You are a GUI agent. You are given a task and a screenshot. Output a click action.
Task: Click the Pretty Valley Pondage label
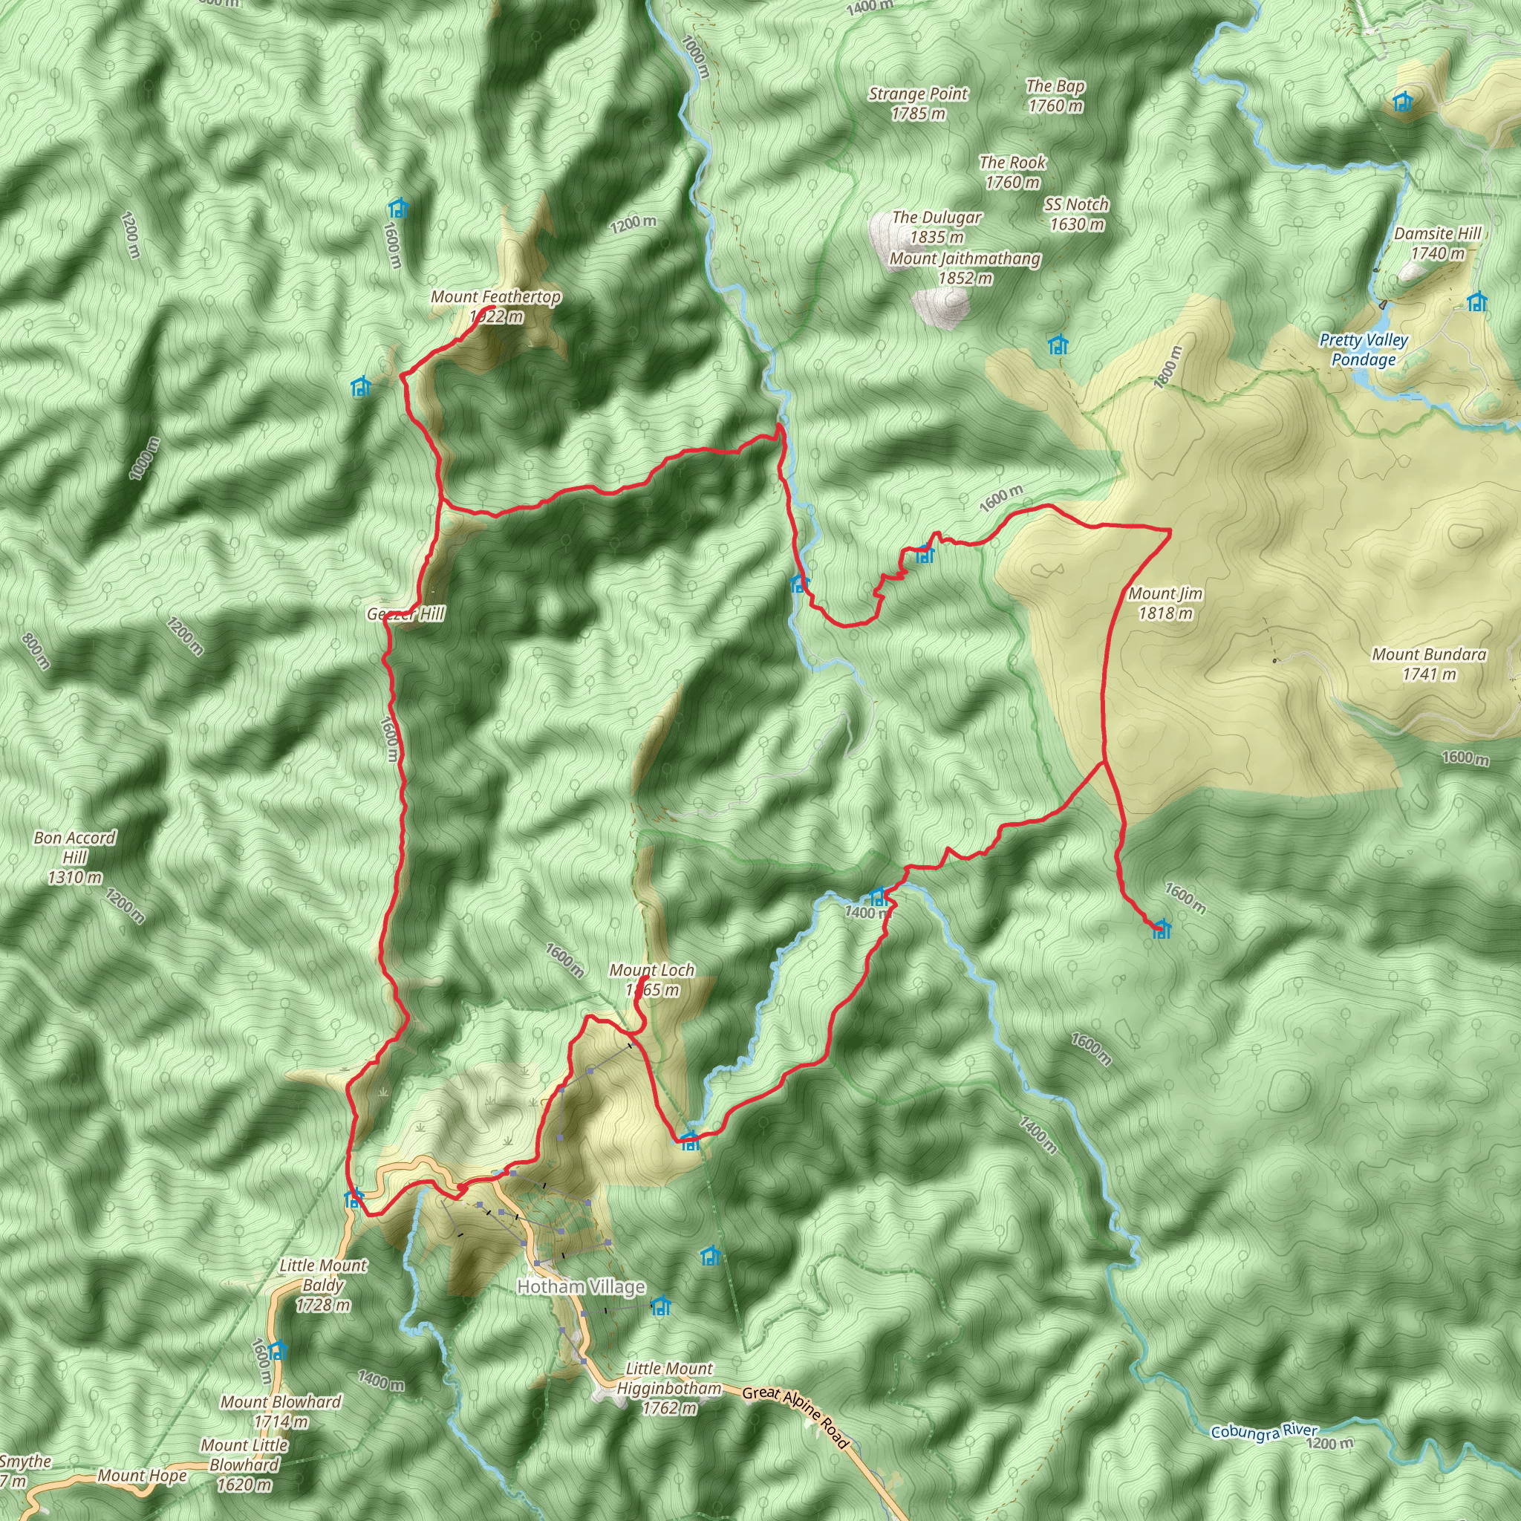point(1364,350)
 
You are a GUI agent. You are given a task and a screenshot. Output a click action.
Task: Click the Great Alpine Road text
point(796,1416)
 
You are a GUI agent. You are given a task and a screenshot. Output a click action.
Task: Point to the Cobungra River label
point(1263,1431)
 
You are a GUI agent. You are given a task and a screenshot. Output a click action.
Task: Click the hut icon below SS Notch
point(1058,345)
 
